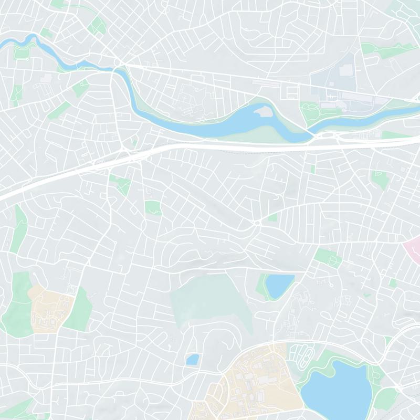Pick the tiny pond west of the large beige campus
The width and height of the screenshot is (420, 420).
(x=193, y=360)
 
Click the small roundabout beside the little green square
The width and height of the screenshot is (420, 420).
(x=257, y=223)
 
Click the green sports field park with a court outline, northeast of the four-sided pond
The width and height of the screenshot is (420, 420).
(x=328, y=257)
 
